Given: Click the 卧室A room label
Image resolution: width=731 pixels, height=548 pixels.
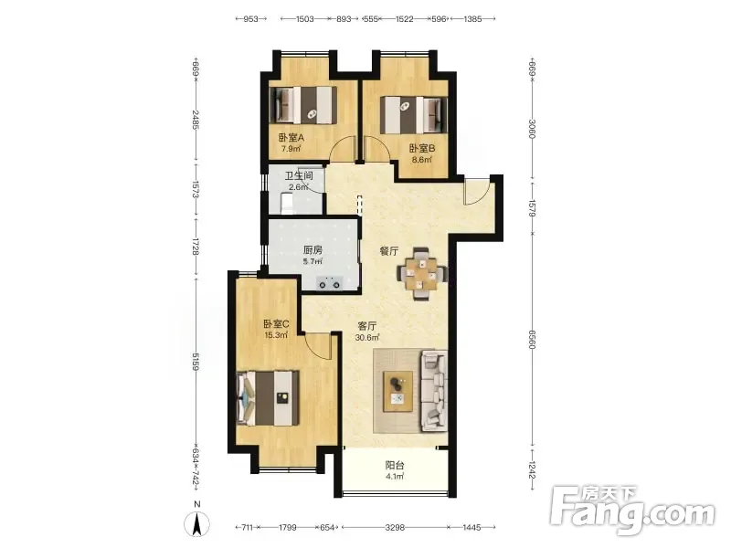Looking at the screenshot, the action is [x=291, y=138].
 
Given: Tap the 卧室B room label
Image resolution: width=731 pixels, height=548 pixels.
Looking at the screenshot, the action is [x=422, y=148].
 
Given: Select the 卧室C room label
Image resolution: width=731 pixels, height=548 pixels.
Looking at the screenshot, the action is [x=277, y=324].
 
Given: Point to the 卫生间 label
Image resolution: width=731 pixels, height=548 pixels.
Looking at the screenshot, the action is [x=299, y=176].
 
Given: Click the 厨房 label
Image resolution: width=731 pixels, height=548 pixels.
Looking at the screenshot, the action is [x=313, y=250].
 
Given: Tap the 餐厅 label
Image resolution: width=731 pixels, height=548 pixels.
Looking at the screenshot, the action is [x=389, y=251].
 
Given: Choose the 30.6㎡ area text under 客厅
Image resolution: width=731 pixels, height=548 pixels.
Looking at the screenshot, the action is [x=367, y=337].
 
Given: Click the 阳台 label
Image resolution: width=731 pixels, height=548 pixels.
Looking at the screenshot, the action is [x=395, y=465].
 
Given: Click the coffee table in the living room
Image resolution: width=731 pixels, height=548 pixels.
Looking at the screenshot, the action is [x=397, y=392].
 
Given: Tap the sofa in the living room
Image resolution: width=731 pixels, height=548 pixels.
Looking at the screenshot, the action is [x=434, y=391].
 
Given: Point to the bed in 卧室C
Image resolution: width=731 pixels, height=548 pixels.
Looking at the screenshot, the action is [x=268, y=397].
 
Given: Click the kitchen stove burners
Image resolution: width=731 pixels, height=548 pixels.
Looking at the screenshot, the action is [x=329, y=283].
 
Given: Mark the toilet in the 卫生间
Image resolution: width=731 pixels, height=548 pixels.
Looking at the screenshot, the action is [x=286, y=203].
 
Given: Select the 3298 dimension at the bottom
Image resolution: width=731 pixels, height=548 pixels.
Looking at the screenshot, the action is [x=395, y=528].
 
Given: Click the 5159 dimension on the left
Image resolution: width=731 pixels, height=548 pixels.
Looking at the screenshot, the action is [x=196, y=362].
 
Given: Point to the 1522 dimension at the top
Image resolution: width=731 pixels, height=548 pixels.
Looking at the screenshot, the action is [x=404, y=19].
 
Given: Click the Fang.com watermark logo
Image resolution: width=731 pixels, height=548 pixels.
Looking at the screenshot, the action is [x=632, y=511].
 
